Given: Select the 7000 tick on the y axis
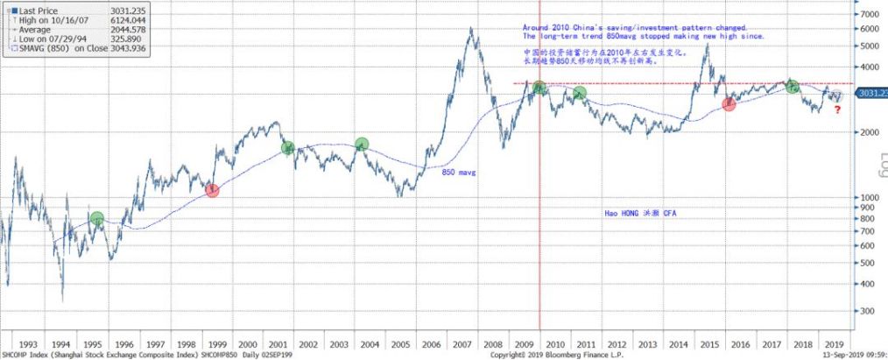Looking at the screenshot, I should [x=870, y=15].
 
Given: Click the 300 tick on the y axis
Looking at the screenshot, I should [x=868, y=311].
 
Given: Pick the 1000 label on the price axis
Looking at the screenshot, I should [x=870, y=198].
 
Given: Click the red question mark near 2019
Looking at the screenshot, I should [x=837, y=109].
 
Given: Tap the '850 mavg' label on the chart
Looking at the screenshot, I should [x=458, y=173].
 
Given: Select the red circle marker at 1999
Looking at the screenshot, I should [x=211, y=189].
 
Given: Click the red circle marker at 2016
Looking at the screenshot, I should [x=729, y=103].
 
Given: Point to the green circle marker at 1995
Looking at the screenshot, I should [x=96, y=218].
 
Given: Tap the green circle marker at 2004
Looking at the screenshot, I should [x=361, y=144].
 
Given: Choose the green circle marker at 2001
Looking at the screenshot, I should [x=288, y=148].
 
